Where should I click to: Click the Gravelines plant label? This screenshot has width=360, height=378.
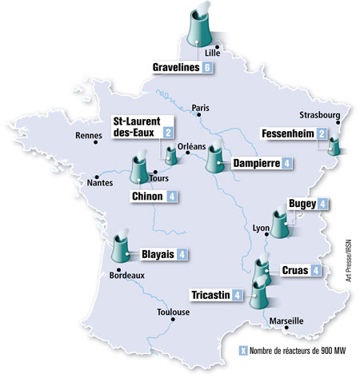177,68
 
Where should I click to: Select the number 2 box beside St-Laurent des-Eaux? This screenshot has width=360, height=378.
168,132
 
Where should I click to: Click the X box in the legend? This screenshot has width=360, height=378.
242,351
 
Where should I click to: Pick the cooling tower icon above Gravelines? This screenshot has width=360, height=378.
200,27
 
